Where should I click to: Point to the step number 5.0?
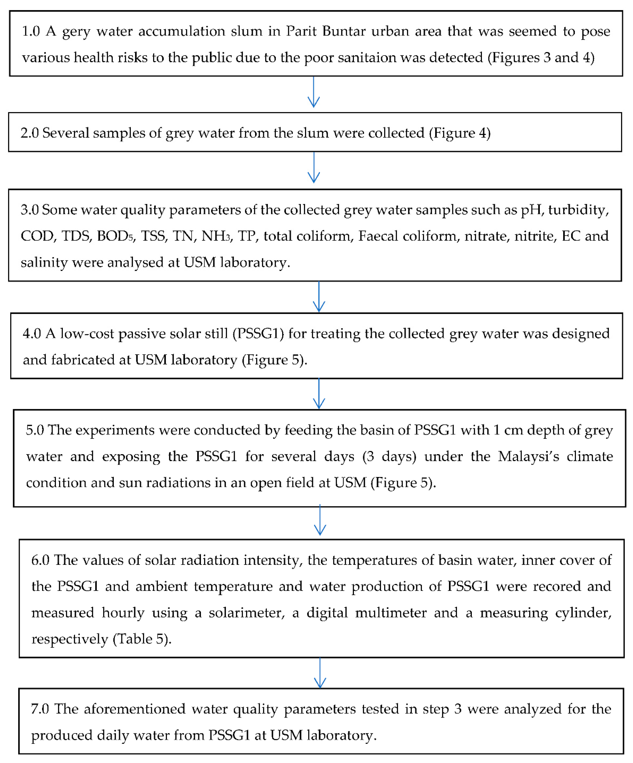(35, 430)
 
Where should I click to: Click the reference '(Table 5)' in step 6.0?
(142, 639)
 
